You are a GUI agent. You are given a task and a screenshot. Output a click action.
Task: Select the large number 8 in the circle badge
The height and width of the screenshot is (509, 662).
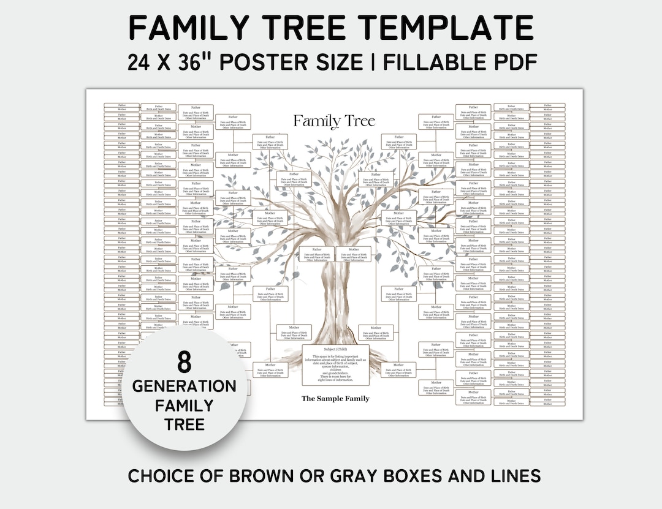(184, 363)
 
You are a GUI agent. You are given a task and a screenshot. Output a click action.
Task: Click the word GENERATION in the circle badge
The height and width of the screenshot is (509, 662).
(184, 386)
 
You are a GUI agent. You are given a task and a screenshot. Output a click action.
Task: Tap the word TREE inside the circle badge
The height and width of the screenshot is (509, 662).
(184, 424)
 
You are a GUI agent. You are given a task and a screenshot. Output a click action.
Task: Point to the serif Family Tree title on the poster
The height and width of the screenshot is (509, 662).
(333, 121)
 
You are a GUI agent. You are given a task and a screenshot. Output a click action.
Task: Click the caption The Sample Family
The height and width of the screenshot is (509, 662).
(335, 399)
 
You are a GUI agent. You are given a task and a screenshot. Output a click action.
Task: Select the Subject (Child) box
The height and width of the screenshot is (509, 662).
(335, 365)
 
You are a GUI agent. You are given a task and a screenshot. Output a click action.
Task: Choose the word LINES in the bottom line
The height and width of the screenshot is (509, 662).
(514, 476)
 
